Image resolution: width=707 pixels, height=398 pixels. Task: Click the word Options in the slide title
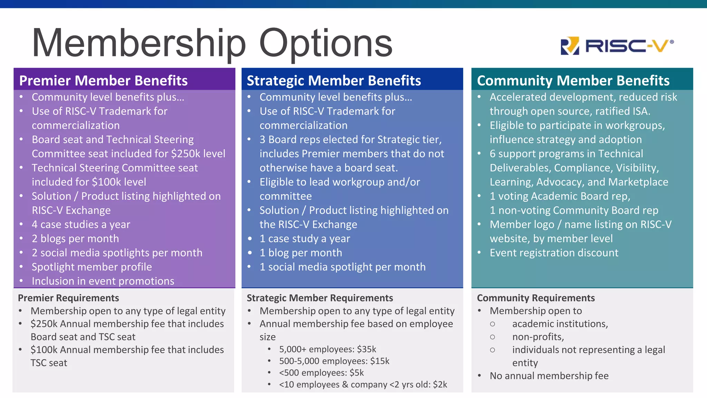pyautogui.click(x=326, y=43)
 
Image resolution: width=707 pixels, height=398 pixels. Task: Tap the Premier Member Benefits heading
pyautogui.click(x=103, y=80)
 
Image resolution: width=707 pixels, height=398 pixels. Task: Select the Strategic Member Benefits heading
pyautogui.click(x=334, y=80)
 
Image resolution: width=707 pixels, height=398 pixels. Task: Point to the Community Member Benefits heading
pyautogui.click(x=573, y=80)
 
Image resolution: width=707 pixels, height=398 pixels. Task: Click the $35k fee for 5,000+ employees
pyautogui.click(x=367, y=349)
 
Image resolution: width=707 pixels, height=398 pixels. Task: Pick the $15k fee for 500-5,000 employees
pyautogui.click(x=380, y=361)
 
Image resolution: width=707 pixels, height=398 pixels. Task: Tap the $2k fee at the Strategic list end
pyautogui.click(x=440, y=385)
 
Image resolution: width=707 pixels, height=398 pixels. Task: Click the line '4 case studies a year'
pyautogui.click(x=81, y=225)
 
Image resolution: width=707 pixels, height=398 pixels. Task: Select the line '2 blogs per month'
pyautogui.click(x=75, y=239)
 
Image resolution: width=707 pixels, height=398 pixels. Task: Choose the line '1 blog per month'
pyautogui.click(x=301, y=253)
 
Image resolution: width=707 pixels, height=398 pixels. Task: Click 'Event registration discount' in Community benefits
pyautogui.click(x=554, y=253)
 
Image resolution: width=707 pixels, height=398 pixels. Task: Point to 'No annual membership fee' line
pyautogui.click(x=549, y=376)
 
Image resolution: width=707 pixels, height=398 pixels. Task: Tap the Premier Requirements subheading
pyautogui.click(x=68, y=298)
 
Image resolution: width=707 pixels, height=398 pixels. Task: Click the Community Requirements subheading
pyautogui.click(x=536, y=298)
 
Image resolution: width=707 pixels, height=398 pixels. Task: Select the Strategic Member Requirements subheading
pyautogui.click(x=320, y=298)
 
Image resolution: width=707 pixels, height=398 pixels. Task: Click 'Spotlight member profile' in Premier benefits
pyautogui.click(x=91, y=267)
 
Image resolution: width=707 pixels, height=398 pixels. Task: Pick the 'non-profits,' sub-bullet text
pyautogui.click(x=538, y=337)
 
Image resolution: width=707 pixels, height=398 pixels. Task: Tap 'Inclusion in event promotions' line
pyautogui.click(x=103, y=281)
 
